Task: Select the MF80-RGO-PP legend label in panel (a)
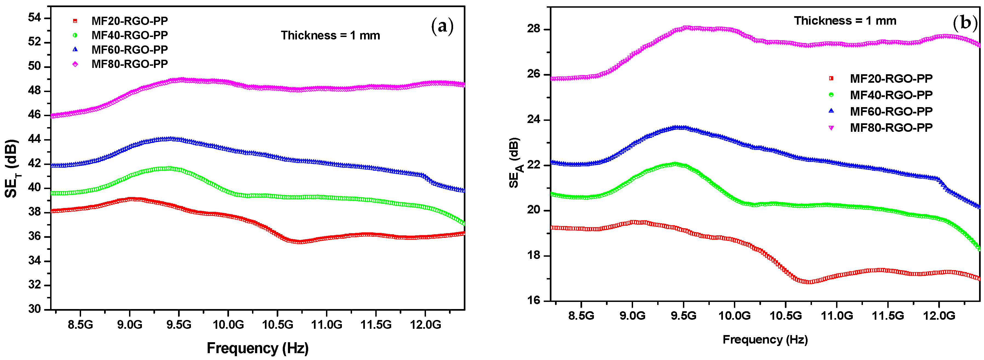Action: [130, 64]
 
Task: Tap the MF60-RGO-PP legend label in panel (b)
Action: [891, 111]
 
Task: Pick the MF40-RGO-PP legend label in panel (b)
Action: [891, 95]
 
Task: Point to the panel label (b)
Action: [965, 23]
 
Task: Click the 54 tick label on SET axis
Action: [34, 18]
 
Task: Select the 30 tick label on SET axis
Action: [34, 309]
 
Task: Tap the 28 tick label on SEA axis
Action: [534, 29]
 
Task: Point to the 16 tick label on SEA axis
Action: [534, 300]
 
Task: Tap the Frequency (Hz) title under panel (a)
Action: [258, 348]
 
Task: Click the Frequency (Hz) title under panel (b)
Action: [765, 339]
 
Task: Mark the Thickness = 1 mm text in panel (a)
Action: [330, 36]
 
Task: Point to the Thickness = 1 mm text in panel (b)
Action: [845, 21]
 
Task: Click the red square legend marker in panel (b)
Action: [831, 78]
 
